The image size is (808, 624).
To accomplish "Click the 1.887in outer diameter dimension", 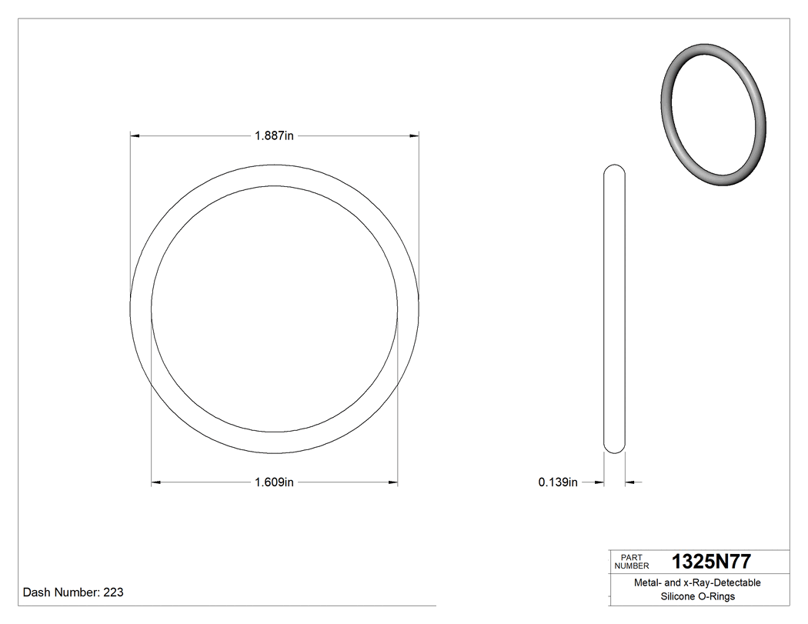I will pos(275,136).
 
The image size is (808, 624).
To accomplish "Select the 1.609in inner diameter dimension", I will pos(274,482).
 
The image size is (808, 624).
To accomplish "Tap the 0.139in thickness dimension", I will pos(558,482).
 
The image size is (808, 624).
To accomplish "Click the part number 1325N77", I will pos(711,561).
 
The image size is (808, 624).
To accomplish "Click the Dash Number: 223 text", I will pos(73,592).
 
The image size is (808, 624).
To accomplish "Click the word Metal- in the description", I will pos(648,583).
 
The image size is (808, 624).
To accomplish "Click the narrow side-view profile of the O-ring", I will pos(614,308).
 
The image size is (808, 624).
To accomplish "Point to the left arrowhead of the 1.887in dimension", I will pos(135,136).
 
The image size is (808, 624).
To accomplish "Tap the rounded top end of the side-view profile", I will pos(614,169).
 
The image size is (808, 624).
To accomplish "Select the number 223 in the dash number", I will pos(113,592).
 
